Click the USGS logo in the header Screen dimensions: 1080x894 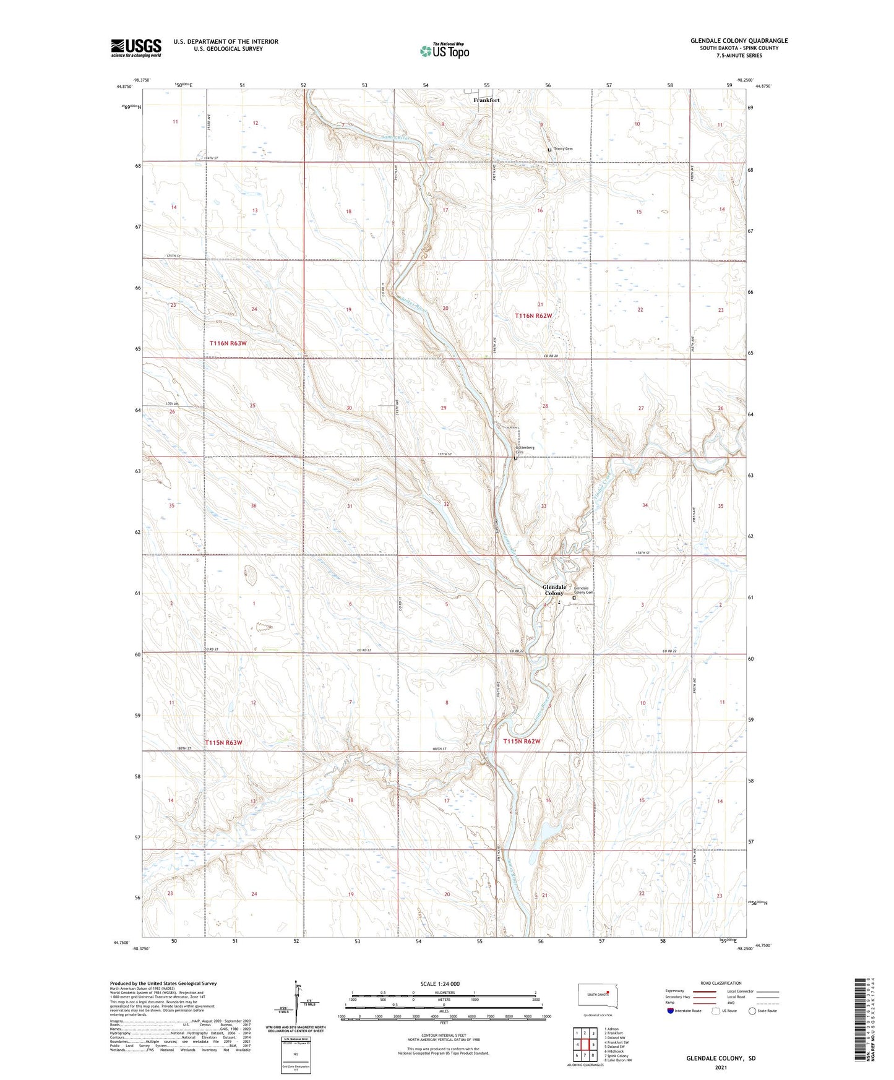point(136,48)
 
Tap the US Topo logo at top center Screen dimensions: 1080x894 point(444,50)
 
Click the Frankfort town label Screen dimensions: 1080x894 point(486,100)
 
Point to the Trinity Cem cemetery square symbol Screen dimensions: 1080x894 point(549,150)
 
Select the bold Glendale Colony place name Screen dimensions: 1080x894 point(554,590)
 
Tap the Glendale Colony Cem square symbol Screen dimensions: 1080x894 point(574,598)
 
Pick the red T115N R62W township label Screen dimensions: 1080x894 point(522,741)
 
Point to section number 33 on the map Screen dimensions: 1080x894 point(544,506)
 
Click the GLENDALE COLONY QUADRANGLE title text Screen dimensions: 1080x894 point(739,41)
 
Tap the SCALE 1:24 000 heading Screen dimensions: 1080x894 point(440,984)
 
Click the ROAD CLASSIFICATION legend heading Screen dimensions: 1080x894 point(721,983)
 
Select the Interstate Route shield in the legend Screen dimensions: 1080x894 point(671,1011)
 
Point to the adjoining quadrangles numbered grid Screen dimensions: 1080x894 point(585,1045)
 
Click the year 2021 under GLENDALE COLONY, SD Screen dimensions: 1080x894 point(721,1068)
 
